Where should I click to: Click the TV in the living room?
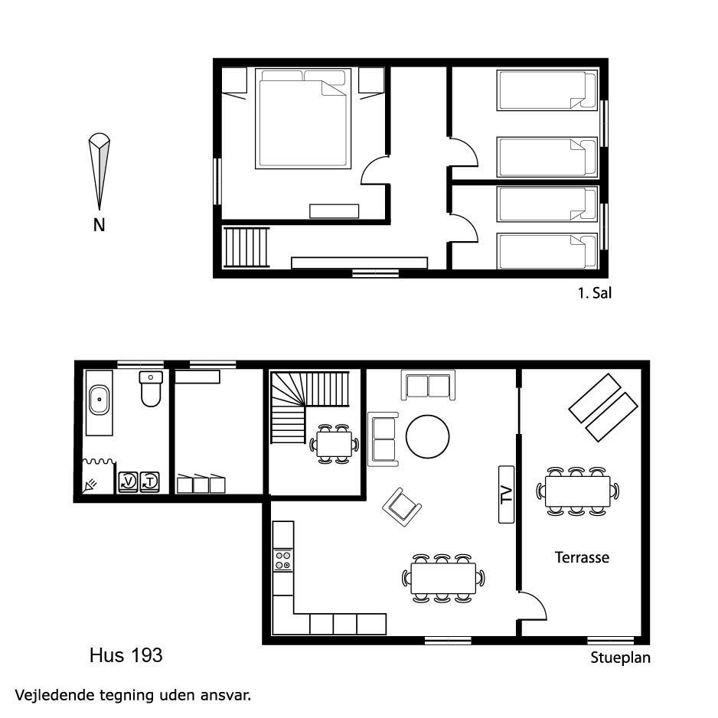click(506, 494)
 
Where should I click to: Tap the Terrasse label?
click(582, 557)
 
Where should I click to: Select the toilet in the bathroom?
click(151, 389)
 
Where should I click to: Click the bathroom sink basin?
click(99, 400)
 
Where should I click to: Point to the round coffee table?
click(427, 436)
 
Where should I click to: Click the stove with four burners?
click(283, 560)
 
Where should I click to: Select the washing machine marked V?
click(129, 481)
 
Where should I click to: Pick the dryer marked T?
click(150, 481)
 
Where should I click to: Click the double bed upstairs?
click(303, 119)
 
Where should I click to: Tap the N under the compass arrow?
click(99, 225)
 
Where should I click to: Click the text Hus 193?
click(126, 655)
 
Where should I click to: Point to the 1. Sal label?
click(595, 293)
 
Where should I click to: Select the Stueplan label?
click(621, 658)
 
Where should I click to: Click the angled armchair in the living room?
click(402, 507)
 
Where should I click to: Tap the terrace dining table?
click(577, 491)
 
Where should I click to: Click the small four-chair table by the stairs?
click(335, 444)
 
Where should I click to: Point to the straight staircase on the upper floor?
click(246, 247)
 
